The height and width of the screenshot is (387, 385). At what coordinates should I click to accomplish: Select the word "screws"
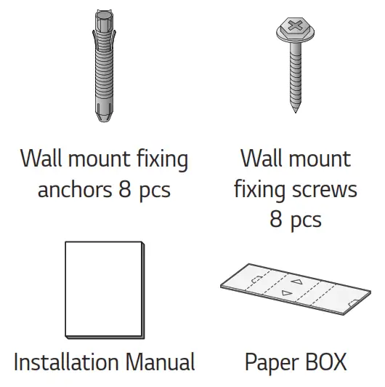coord(323,191)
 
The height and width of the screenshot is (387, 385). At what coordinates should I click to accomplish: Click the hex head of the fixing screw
coord(293,27)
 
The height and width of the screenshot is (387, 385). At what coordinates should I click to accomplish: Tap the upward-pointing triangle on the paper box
coord(296,280)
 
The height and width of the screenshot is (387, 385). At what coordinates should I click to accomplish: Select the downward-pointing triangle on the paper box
coord(285,293)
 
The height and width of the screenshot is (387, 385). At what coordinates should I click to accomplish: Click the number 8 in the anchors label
coord(126,191)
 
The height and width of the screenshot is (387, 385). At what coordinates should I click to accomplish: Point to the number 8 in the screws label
coord(276,220)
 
